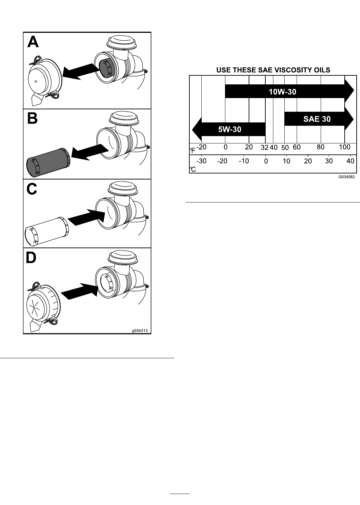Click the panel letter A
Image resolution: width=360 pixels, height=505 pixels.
33,42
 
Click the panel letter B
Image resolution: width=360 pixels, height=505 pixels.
32,118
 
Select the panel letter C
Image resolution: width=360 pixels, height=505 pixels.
32,189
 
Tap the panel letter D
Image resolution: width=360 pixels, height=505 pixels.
31,258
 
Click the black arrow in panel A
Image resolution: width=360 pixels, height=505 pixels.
81,71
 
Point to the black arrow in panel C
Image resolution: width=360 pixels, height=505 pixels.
87,217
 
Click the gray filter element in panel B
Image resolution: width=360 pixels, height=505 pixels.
48,162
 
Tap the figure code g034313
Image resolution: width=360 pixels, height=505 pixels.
140,331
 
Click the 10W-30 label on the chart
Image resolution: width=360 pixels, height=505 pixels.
283,92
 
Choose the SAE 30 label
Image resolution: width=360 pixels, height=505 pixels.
317,119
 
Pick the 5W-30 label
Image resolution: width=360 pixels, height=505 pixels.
230,129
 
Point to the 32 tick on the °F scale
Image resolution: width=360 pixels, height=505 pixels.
264,148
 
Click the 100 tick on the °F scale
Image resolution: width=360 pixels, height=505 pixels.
345,147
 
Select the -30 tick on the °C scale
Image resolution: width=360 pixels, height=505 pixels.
201,161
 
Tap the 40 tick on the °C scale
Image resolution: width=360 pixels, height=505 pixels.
350,161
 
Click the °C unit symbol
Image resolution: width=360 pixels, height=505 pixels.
193,169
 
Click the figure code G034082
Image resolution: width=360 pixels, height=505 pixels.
346,177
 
